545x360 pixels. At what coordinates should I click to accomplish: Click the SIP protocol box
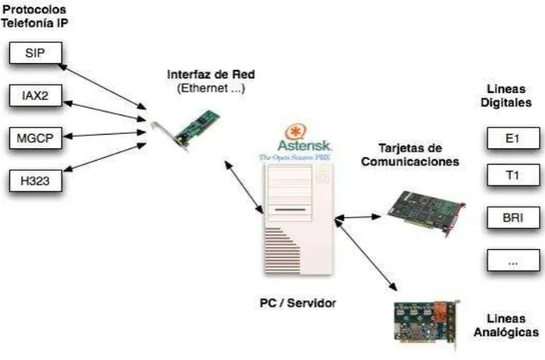35,53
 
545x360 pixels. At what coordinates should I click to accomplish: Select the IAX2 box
35,95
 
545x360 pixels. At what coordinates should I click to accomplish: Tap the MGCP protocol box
35,138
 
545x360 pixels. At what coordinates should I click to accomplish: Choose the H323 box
35,181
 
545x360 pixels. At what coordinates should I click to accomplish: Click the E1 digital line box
513,138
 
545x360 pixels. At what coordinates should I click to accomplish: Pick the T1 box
513,175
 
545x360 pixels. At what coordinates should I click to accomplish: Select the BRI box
513,218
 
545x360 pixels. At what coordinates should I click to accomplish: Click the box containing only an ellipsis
513,260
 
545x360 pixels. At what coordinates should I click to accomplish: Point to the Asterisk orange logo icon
295,132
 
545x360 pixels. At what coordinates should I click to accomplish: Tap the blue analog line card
427,324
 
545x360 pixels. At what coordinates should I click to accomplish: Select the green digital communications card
426,212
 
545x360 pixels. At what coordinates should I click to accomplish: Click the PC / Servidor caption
298,302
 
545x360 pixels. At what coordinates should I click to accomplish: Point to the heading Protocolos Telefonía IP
35,16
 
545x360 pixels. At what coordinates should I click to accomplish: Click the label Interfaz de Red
211,75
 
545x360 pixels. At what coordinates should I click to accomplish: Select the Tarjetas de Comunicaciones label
410,155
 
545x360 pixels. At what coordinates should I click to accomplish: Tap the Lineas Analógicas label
506,325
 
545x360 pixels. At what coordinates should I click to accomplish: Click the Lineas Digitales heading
506,95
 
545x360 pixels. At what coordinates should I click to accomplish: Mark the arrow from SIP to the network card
102,87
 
